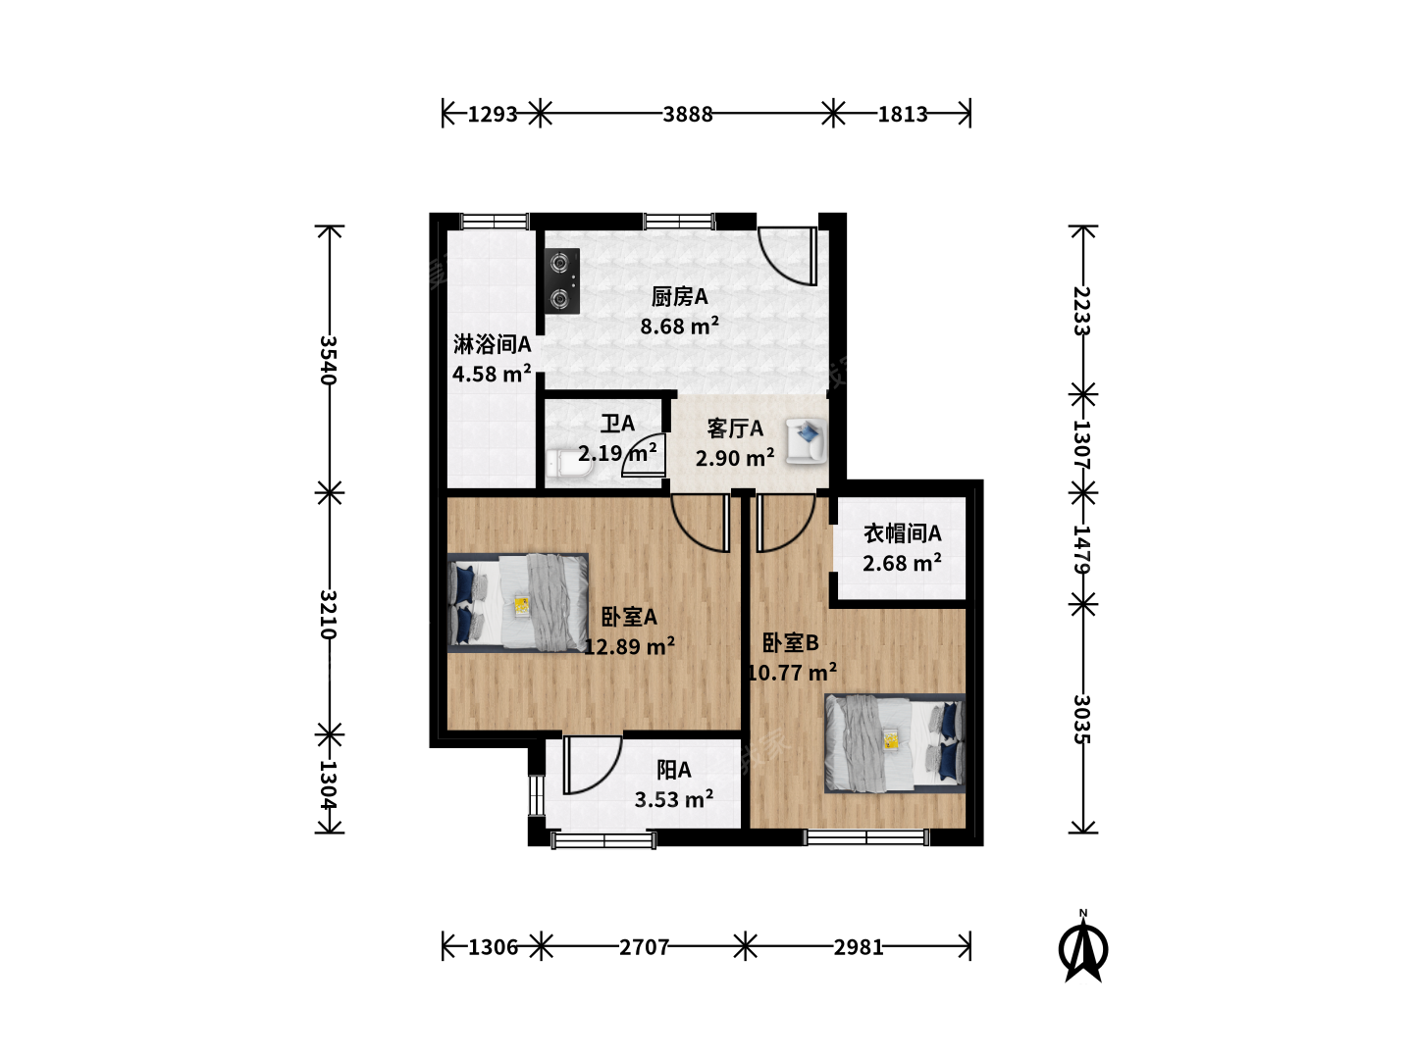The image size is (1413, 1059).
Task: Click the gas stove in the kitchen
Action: click(562, 281)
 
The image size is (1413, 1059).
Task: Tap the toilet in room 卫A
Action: click(569, 465)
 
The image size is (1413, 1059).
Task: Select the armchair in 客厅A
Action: click(806, 440)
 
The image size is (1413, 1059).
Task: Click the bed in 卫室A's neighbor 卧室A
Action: click(517, 602)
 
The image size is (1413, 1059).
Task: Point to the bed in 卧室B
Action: click(895, 742)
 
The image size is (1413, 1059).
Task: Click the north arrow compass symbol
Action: click(1083, 947)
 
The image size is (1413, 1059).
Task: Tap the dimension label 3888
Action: click(688, 115)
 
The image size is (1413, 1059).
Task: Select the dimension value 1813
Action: click(903, 115)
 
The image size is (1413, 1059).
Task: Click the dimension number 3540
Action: click(329, 360)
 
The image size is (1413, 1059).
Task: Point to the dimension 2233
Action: click(1082, 311)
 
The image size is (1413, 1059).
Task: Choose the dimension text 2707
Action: click(644, 947)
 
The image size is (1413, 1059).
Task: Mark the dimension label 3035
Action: click(1082, 719)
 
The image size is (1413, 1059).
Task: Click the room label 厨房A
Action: click(679, 296)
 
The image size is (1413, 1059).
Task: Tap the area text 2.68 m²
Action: click(902, 563)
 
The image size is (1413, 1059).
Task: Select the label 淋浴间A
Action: click(492, 344)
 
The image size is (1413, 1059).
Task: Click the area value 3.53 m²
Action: click(674, 799)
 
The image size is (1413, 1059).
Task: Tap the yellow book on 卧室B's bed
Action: click(892, 740)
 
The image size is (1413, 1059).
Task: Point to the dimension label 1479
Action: click(1082, 550)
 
